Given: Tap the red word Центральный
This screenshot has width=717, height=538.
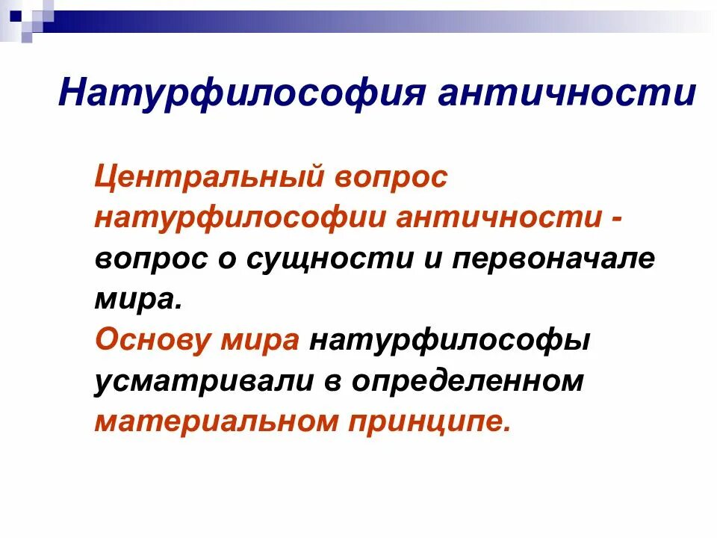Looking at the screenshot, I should [x=210, y=179].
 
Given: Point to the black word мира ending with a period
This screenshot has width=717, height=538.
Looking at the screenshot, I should [x=138, y=300].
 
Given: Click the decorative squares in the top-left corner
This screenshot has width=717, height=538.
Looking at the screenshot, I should [x=27, y=16].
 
